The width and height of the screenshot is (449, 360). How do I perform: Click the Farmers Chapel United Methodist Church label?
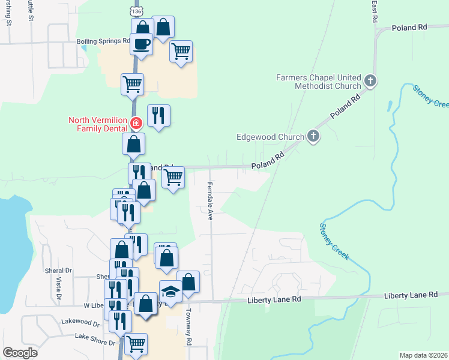[318, 82]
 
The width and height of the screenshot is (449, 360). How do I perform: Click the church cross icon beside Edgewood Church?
[312, 136]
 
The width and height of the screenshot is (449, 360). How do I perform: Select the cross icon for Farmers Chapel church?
[370, 80]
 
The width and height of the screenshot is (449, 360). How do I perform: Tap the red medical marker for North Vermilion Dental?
[136, 124]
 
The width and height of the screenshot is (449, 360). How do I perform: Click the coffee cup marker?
[141, 44]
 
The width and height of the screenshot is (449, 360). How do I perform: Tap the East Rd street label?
[375, 11]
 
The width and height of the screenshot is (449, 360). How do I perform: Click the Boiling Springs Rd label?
[103, 41]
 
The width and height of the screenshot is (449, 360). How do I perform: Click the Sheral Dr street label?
[58, 271]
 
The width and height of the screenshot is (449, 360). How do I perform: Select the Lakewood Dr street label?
[80, 322]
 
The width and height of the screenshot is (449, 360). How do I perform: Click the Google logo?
[20, 353]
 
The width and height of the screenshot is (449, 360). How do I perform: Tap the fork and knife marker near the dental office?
[158, 115]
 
